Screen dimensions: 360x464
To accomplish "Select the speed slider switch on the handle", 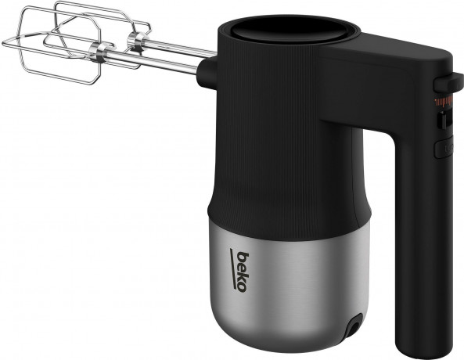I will [x=442, y=121].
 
